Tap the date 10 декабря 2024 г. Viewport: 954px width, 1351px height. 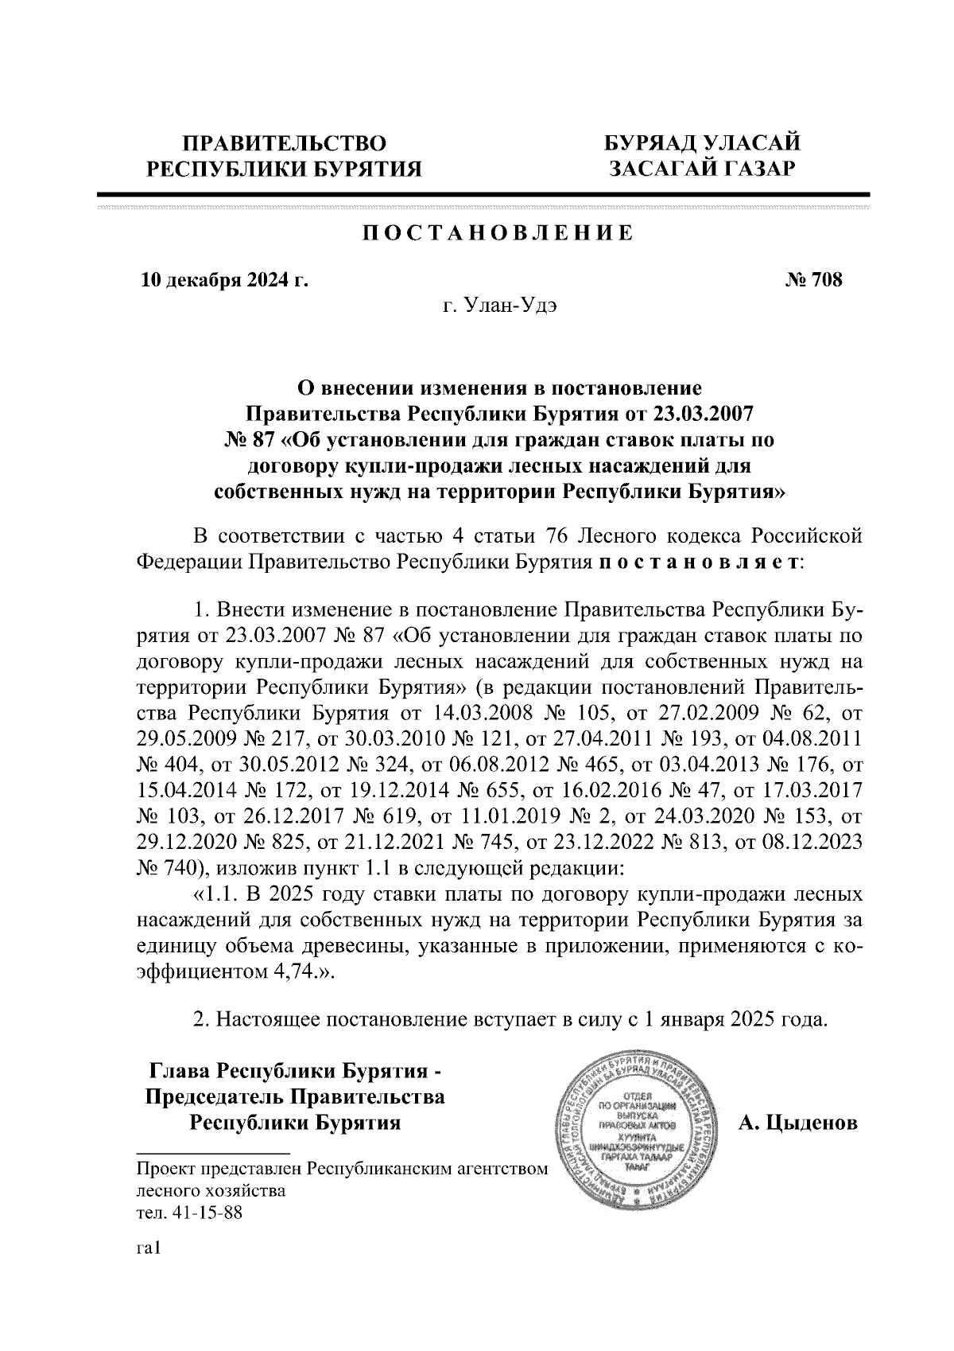click(x=225, y=280)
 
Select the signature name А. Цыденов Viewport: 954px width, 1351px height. click(x=798, y=1123)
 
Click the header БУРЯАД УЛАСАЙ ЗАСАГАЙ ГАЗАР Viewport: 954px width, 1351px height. click(x=702, y=156)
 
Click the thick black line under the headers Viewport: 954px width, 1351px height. click(x=483, y=193)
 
